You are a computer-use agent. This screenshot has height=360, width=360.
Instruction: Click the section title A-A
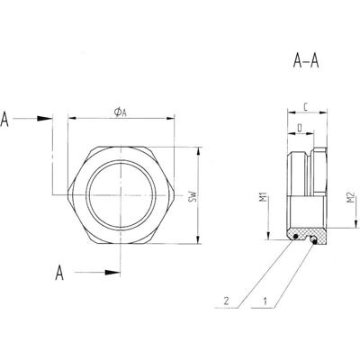click(308, 62)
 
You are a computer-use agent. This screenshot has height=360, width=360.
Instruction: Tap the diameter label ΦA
click(120, 112)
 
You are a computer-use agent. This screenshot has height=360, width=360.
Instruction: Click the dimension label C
click(305, 108)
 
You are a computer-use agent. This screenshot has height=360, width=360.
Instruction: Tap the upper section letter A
click(8, 119)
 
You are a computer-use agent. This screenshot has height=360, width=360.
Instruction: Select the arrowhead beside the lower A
click(114, 271)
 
